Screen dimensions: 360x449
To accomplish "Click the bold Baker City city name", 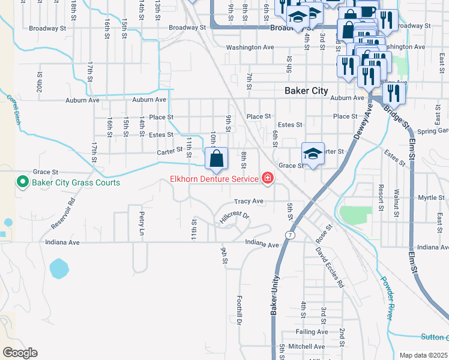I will tap(306, 91).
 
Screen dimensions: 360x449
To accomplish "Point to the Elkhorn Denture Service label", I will tap(214, 178).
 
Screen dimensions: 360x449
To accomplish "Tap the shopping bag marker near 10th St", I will tap(217, 159).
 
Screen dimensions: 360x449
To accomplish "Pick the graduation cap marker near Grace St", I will tap(313, 154).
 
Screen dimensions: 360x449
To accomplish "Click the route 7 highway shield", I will tap(291, 235).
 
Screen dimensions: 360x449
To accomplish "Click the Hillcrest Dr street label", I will tap(234, 217).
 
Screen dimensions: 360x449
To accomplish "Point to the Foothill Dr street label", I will tap(238, 311).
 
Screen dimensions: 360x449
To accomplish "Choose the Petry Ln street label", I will tap(142, 223).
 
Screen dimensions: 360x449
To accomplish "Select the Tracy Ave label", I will tap(249, 201).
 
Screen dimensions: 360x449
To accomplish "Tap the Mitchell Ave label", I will tap(306, 346).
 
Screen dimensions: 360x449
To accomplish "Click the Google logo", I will tap(20, 353).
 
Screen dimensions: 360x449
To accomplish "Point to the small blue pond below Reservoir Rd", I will tap(59, 268).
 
